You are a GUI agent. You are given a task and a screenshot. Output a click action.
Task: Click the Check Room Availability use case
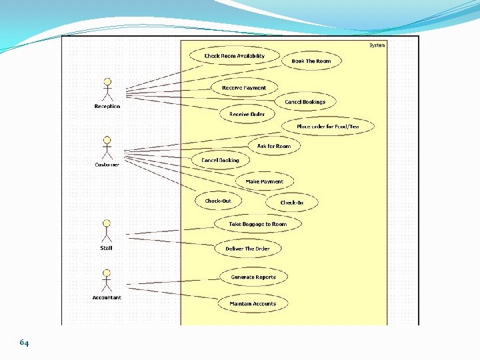pos(234,56)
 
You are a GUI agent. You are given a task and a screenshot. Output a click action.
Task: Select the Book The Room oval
pos(311,61)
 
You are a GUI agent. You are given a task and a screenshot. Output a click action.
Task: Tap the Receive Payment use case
pos(243,88)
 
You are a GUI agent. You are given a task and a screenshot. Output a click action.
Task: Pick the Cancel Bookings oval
pos(305,102)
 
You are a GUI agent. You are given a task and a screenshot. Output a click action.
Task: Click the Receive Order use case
pos(247,114)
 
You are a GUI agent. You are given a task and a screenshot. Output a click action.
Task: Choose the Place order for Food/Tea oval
pos(327,126)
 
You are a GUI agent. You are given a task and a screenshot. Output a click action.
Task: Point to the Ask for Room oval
pos(274,146)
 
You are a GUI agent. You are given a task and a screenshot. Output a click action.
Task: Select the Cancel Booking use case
pos(220,160)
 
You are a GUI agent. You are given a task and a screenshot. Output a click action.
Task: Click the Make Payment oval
pos(264,181)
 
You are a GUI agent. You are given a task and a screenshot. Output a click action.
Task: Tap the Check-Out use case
pos(218,201)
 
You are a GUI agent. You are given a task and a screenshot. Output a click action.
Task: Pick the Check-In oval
pos(291,203)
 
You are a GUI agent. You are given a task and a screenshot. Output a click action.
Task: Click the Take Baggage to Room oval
pos(257,224)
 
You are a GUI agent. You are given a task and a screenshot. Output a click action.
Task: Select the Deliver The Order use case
pos(247,249)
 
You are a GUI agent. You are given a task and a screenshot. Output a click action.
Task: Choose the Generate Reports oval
pos(253,277)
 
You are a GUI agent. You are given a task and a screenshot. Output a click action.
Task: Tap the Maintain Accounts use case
pos(253,304)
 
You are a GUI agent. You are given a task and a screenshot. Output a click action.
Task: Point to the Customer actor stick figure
pos(107,148)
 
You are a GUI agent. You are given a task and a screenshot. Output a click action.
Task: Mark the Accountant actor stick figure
pos(107,281)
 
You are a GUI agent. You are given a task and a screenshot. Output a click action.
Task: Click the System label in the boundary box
pos(377,45)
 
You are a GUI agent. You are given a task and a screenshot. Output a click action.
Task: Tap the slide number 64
pos(24,343)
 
